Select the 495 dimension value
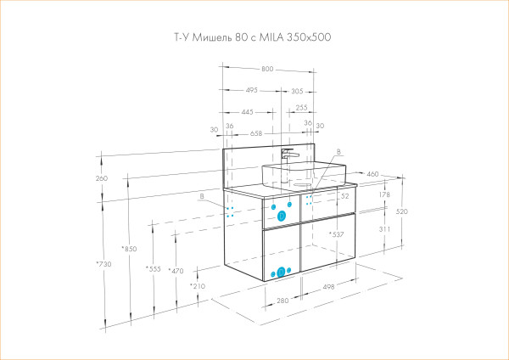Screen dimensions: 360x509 252,90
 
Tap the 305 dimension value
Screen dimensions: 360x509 297,90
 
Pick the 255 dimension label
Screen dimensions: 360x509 301,109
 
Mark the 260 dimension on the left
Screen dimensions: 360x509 103,179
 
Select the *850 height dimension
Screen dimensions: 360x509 129,249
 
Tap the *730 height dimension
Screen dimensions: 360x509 103,265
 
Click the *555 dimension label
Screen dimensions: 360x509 153,269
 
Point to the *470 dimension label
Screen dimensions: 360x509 176,271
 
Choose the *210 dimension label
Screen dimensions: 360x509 197,287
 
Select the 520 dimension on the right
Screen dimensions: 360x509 401,212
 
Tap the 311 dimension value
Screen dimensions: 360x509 385,229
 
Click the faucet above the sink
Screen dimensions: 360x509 288,156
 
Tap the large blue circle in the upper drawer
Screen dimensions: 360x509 281,216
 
